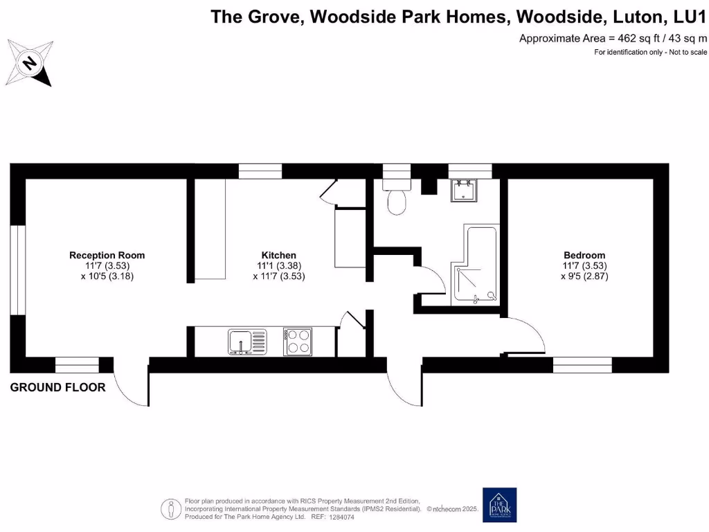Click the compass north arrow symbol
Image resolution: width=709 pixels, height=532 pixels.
29,63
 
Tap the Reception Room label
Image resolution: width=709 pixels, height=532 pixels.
107,255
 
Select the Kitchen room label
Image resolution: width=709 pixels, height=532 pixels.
279,255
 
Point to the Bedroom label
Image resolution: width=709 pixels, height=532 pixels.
584,255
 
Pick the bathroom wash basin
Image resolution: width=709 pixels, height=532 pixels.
464,190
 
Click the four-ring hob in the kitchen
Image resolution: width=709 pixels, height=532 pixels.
298,342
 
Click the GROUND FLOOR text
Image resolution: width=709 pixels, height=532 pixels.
57,387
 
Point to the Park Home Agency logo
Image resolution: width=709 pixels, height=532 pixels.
500,505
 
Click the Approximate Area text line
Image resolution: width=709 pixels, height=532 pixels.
613,38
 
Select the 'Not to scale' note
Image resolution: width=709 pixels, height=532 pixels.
688,53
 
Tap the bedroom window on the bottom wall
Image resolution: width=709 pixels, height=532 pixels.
582,364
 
